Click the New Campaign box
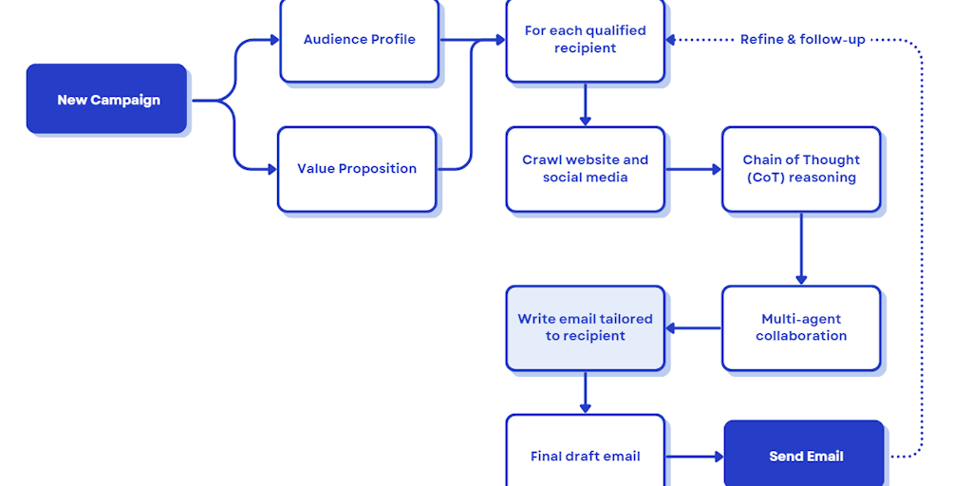[x=107, y=100]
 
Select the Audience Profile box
[x=359, y=40]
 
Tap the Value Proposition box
[x=357, y=169]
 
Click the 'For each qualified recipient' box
[x=585, y=40]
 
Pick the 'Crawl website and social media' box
[x=585, y=169]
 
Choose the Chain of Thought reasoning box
[x=801, y=169]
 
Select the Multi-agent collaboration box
[x=801, y=327]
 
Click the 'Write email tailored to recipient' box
[x=585, y=327]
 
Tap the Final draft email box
[x=585, y=456]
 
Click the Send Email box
[x=805, y=456]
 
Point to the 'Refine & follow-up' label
[x=802, y=40]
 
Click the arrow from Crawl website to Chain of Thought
[x=693, y=170]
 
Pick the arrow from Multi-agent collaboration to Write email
[x=693, y=328]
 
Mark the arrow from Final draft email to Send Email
[x=694, y=457]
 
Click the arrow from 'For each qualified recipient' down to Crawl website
[x=585, y=104]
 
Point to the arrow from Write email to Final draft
[x=585, y=392]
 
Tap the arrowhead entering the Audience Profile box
[x=274, y=40]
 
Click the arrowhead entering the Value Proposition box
[x=271, y=169]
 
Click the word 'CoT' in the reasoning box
[x=766, y=178]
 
